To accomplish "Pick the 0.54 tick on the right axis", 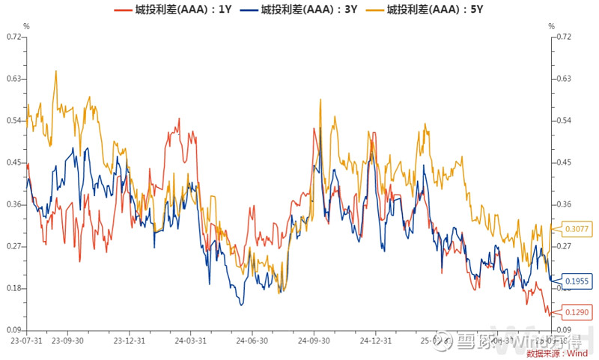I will [565, 120].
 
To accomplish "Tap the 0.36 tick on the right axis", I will [565, 204].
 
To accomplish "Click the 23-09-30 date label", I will [67, 340].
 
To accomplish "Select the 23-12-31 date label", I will [129, 340].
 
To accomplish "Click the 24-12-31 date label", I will [376, 340].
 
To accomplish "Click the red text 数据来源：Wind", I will [558, 353].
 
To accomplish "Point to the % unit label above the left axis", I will [27, 26].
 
